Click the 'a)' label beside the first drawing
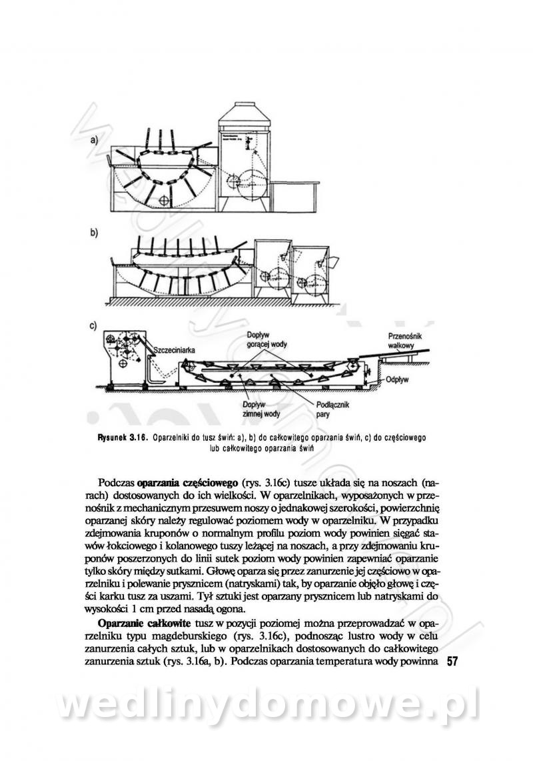93,140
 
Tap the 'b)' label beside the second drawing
93,233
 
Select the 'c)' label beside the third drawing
93,325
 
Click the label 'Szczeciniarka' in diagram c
175,349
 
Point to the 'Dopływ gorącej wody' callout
266,339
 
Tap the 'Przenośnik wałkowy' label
405,340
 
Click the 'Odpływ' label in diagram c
397,379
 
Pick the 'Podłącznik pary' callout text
332,410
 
